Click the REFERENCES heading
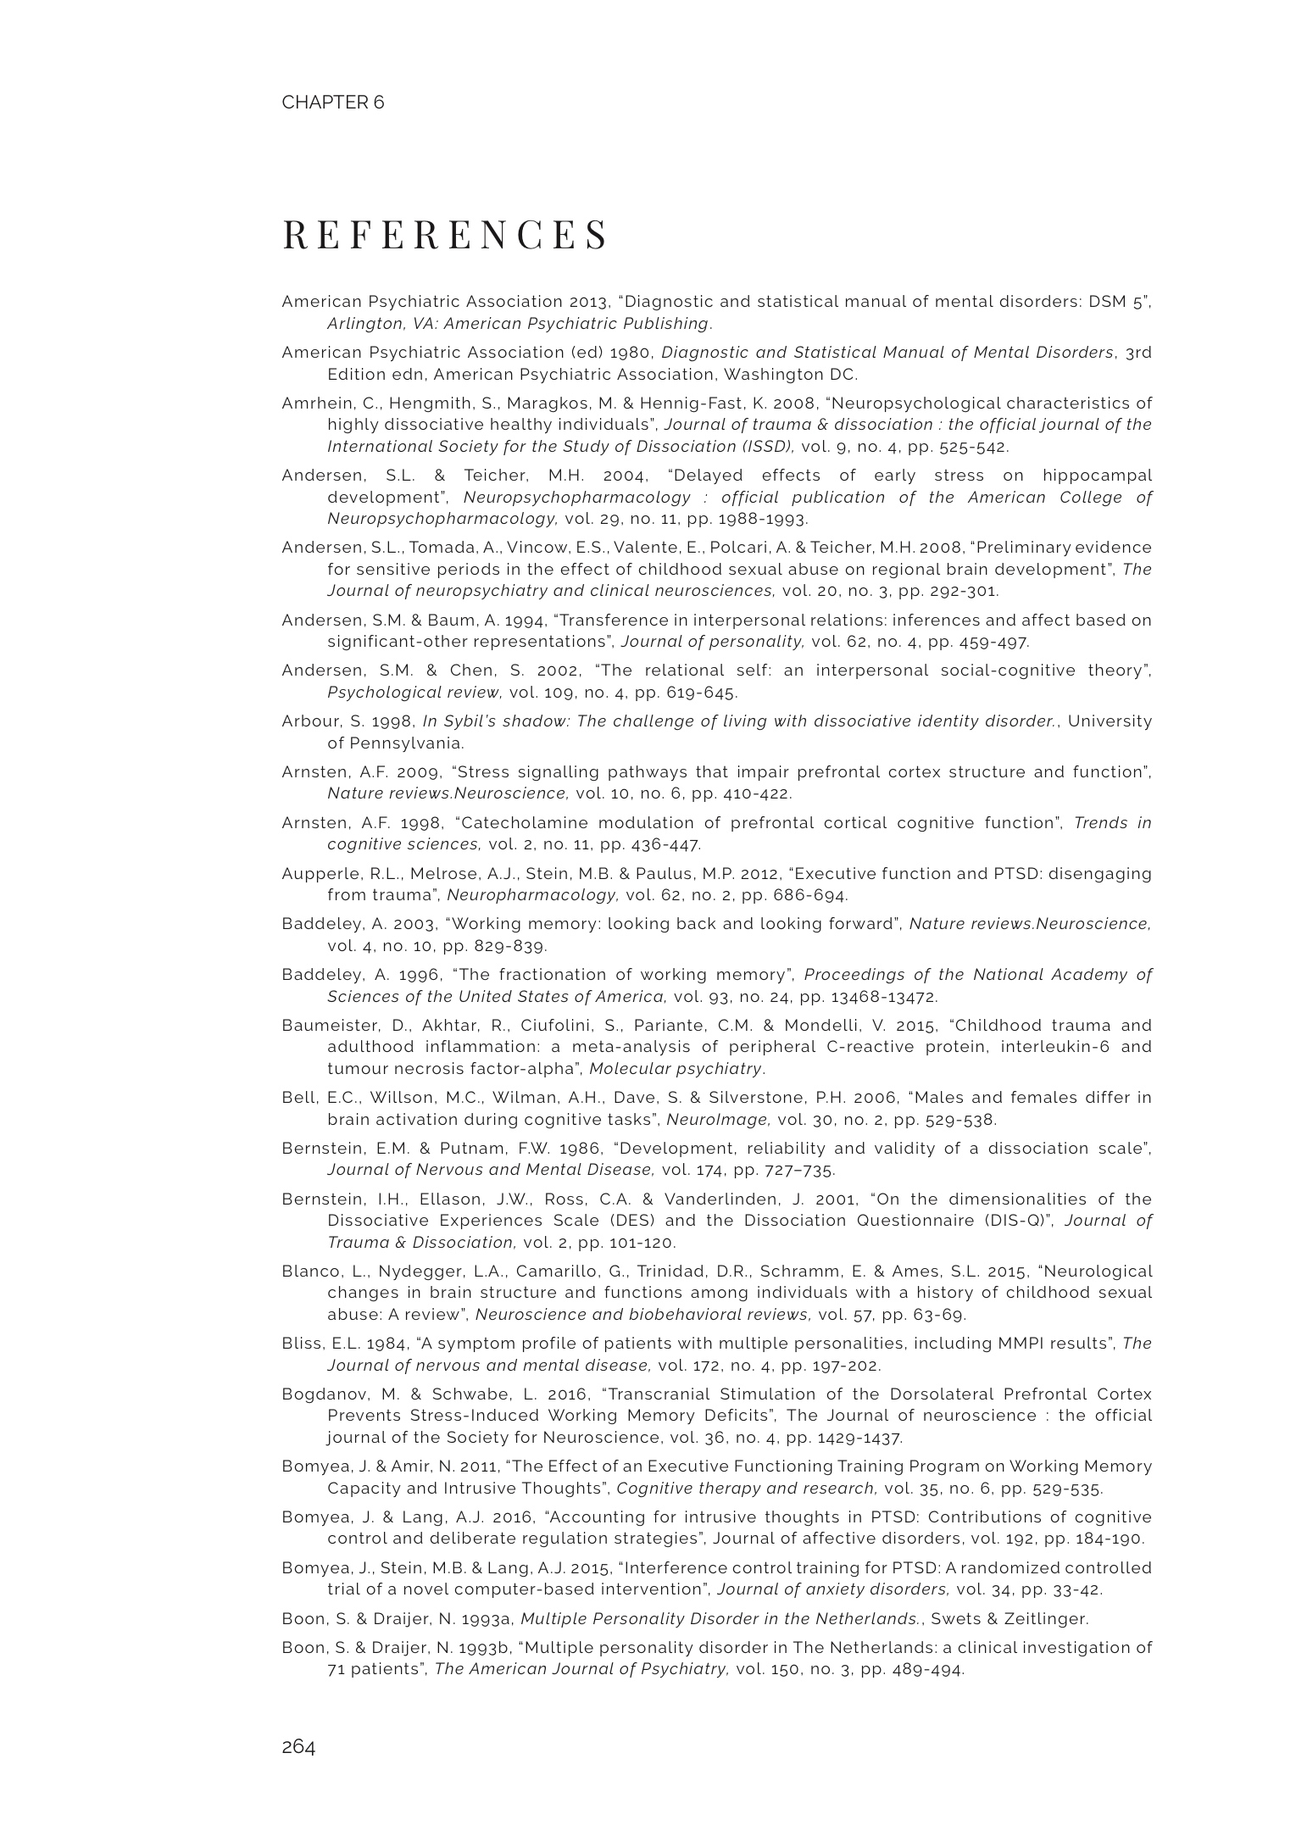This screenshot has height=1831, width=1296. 445,235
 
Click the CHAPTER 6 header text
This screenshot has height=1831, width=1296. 332,103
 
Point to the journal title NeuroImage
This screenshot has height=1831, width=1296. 718,1120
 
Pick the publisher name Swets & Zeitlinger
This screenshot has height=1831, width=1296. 1009,1619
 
